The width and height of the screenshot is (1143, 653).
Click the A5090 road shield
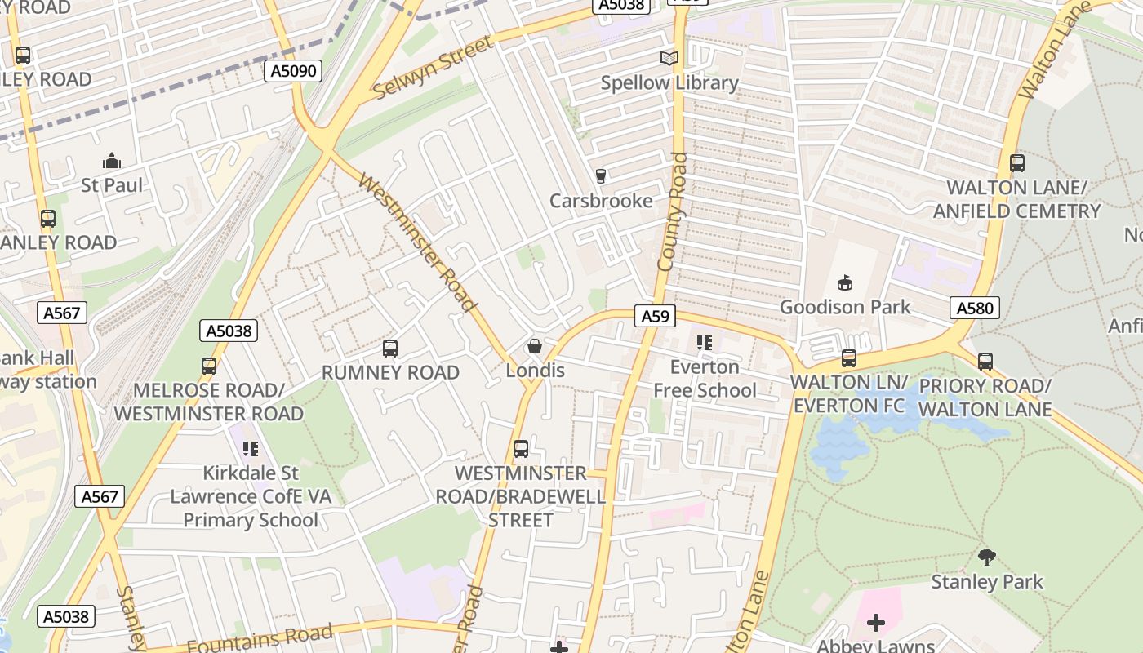[293, 71]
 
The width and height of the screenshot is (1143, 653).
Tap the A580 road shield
[974, 308]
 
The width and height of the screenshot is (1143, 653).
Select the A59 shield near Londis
[655, 316]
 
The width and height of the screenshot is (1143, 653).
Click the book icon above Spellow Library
[669, 59]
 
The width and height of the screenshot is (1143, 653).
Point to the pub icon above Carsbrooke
[601, 176]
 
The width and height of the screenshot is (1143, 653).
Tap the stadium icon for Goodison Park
[844, 282]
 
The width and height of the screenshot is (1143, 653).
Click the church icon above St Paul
[112, 161]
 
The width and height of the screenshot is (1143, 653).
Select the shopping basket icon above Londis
[535, 346]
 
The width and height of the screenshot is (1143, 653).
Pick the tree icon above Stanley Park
[986, 557]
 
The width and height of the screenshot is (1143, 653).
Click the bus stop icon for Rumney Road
[390, 349]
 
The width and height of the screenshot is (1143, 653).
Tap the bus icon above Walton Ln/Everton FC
[849, 358]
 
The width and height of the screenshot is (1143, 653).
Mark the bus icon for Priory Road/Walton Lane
[985, 361]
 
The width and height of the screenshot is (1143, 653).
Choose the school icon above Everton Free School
[704, 343]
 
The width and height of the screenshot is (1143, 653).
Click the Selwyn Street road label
[434, 68]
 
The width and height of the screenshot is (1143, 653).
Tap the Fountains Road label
[260, 638]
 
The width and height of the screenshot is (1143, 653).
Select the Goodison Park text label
[844, 307]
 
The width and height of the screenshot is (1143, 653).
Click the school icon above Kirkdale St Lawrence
[251, 448]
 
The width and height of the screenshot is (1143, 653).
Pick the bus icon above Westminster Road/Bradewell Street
[520, 449]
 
